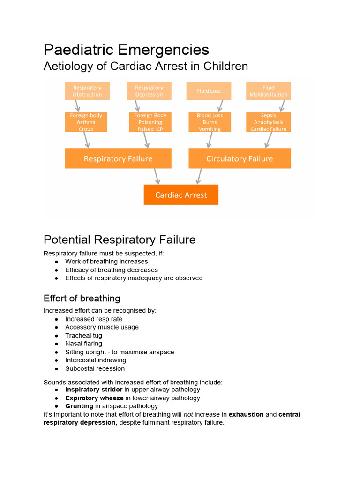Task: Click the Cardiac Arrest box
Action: [x=181, y=195]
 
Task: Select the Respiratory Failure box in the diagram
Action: [x=118, y=158]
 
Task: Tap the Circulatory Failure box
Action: [x=240, y=158]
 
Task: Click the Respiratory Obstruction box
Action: [x=87, y=91]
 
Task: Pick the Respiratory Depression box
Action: [x=149, y=91]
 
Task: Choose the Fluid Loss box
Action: [x=209, y=91]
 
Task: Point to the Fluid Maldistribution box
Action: [x=269, y=91]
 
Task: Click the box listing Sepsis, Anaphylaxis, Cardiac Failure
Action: [x=269, y=122]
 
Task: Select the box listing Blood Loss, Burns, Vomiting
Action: [x=210, y=122]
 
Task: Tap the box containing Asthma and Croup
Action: [x=86, y=122]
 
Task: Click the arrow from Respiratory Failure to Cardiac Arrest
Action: [x=157, y=176]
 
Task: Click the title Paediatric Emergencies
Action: [x=126, y=50]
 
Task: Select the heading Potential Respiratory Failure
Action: [x=120, y=240]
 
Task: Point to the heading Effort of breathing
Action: [x=82, y=299]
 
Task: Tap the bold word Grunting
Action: [x=79, y=406]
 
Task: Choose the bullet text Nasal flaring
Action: [x=83, y=344]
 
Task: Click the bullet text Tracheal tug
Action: [x=83, y=336]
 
